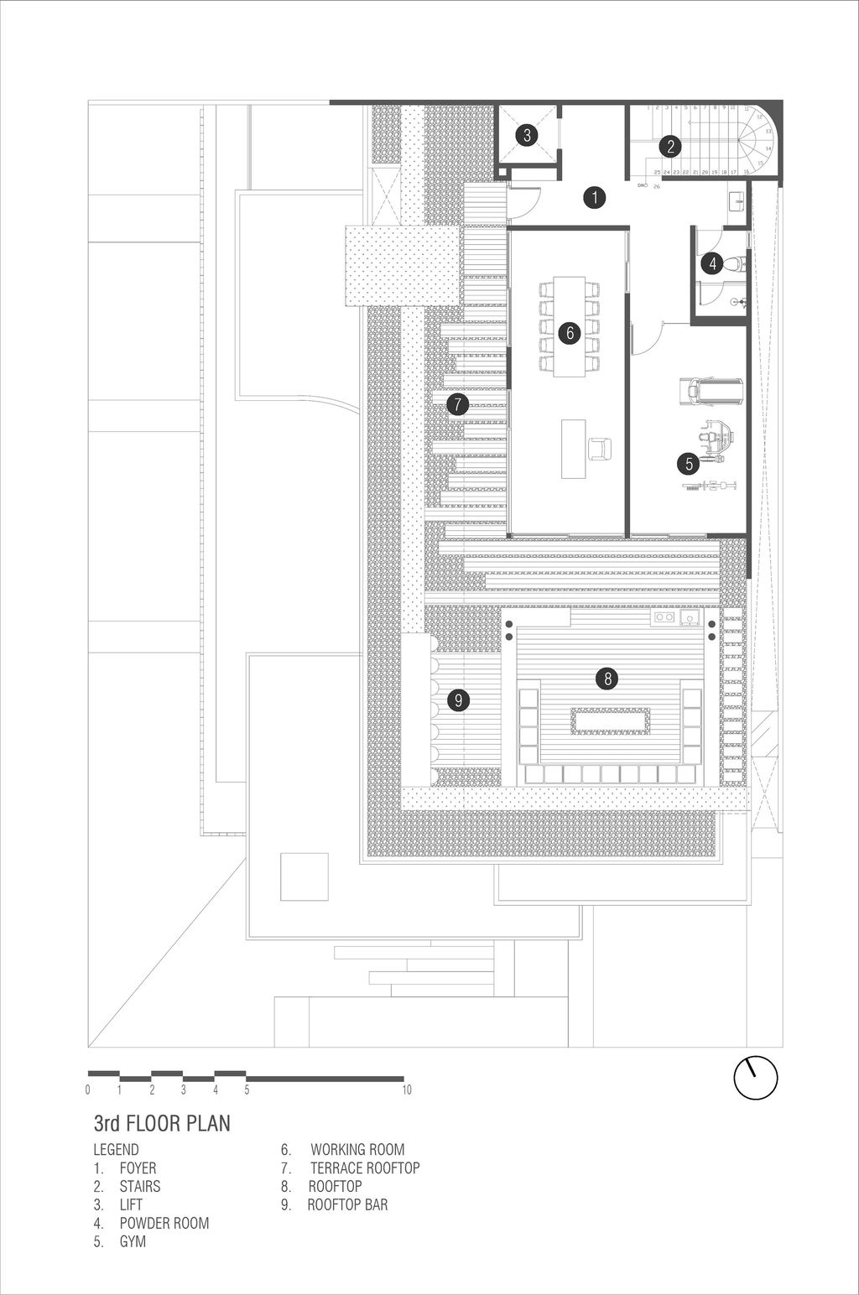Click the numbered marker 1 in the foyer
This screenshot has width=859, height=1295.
(x=594, y=198)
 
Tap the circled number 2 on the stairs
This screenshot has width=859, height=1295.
(x=669, y=147)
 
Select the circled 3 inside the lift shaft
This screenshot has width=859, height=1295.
(x=526, y=135)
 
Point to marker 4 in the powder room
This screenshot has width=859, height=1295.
(x=711, y=264)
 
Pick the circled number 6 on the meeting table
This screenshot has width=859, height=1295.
(x=570, y=332)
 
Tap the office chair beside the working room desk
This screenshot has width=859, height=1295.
(x=600, y=449)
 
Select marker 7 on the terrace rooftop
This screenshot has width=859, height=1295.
(x=457, y=404)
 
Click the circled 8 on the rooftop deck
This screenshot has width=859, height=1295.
(x=607, y=678)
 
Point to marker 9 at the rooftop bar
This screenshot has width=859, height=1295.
(x=457, y=699)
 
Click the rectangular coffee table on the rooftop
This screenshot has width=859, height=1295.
(x=610, y=720)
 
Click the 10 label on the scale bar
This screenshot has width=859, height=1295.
(x=406, y=1090)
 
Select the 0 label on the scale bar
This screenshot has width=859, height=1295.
(x=88, y=1090)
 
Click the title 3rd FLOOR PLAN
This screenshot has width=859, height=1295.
(x=161, y=1123)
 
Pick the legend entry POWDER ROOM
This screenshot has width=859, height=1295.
(x=164, y=1223)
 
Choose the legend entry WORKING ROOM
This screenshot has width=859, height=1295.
(x=357, y=1150)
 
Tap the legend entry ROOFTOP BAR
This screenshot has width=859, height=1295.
(x=347, y=1205)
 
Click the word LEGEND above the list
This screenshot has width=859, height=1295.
(x=116, y=1150)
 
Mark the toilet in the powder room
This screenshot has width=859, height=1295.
(x=733, y=264)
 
